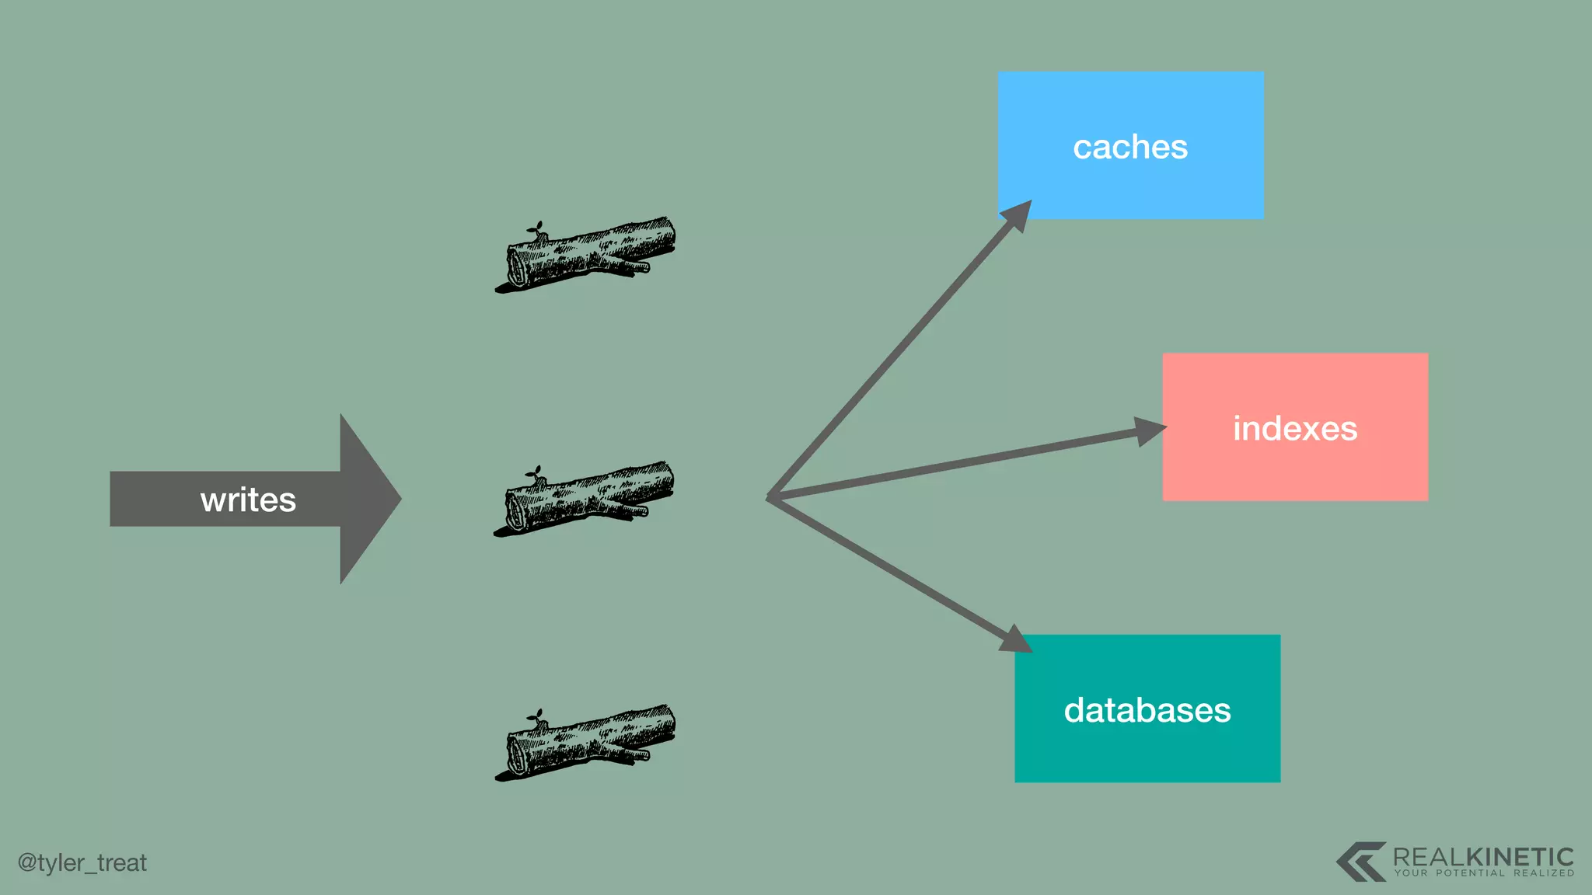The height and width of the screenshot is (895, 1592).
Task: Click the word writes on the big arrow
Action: (248, 500)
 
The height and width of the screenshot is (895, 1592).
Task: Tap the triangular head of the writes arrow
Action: (368, 499)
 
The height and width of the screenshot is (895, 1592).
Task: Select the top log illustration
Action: (586, 255)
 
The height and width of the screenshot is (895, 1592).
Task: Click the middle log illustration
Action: (585, 499)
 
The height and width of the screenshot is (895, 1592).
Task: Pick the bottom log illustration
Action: (586, 743)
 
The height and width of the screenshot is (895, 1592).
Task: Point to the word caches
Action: (1130, 147)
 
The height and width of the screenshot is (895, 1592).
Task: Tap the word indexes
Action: (1295, 429)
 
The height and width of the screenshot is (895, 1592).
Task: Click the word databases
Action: (1147, 710)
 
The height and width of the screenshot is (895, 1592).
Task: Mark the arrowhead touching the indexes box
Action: (1150, 430)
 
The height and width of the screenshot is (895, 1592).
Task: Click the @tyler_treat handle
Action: (82, 862)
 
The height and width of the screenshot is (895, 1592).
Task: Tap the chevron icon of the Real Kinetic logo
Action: (1360, 861)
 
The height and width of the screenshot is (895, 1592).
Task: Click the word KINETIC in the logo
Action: (1520, 857)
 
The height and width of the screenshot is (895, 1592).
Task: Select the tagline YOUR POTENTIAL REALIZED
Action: (1484, 873)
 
